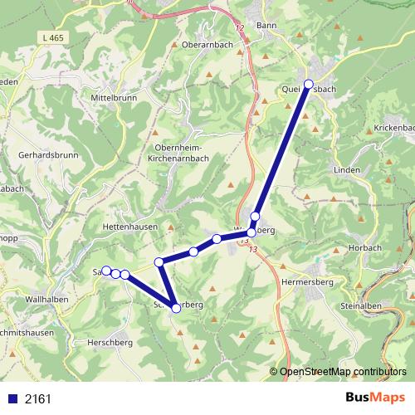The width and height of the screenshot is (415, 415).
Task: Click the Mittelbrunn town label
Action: pos(112,96)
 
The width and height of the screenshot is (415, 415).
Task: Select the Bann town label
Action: pos(266,26)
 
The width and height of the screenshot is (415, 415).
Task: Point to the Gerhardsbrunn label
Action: pos(46,155)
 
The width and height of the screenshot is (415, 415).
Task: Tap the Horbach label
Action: pos(364,247)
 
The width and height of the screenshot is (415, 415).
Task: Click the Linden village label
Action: pos(347,169)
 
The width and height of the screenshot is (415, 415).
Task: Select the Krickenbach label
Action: pos(393,128)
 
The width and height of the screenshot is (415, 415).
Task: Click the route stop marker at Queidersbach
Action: pos(309,85)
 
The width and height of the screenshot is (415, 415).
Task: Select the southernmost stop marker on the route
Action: pos(176,309)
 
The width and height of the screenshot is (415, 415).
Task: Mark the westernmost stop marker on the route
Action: pos(106,271)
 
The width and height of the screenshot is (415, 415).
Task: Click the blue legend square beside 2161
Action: pos(12,398)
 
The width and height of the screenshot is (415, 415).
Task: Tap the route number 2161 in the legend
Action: pos(38,398)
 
